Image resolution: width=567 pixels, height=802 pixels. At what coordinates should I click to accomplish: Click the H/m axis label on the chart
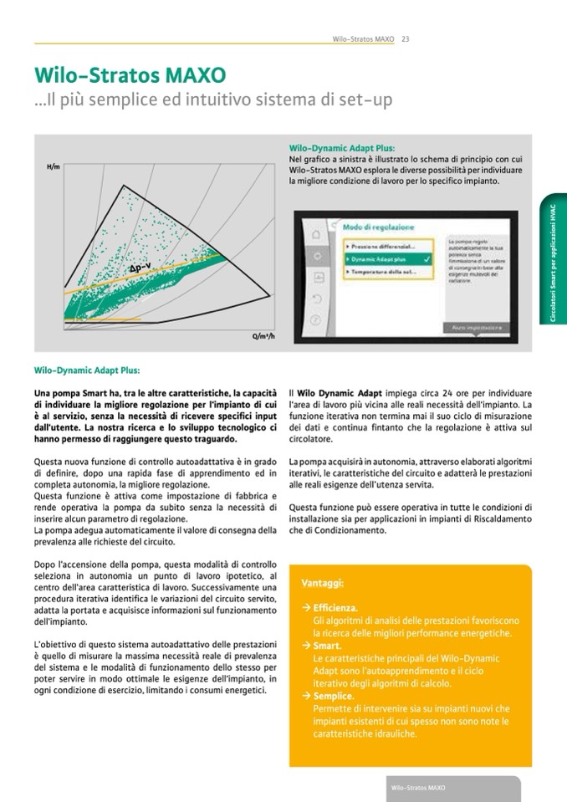pos(54,167)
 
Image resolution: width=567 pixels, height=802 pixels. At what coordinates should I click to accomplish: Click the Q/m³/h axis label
pos(263,336)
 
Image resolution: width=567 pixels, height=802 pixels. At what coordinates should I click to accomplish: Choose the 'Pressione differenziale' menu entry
pos(381,247)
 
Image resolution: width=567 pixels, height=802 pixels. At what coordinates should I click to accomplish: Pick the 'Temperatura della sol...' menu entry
pos(383,273)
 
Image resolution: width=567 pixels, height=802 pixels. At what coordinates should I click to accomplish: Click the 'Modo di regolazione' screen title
pos(377,227)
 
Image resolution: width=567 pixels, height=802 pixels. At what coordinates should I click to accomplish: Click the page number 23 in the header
pos(406,38)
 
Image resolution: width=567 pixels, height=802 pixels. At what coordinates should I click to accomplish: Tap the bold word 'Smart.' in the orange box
pos(327,646)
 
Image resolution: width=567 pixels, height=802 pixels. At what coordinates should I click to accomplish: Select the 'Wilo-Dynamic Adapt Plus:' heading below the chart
pos(87,368)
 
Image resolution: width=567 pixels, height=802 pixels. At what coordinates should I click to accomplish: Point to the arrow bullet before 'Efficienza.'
pos(307,607)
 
